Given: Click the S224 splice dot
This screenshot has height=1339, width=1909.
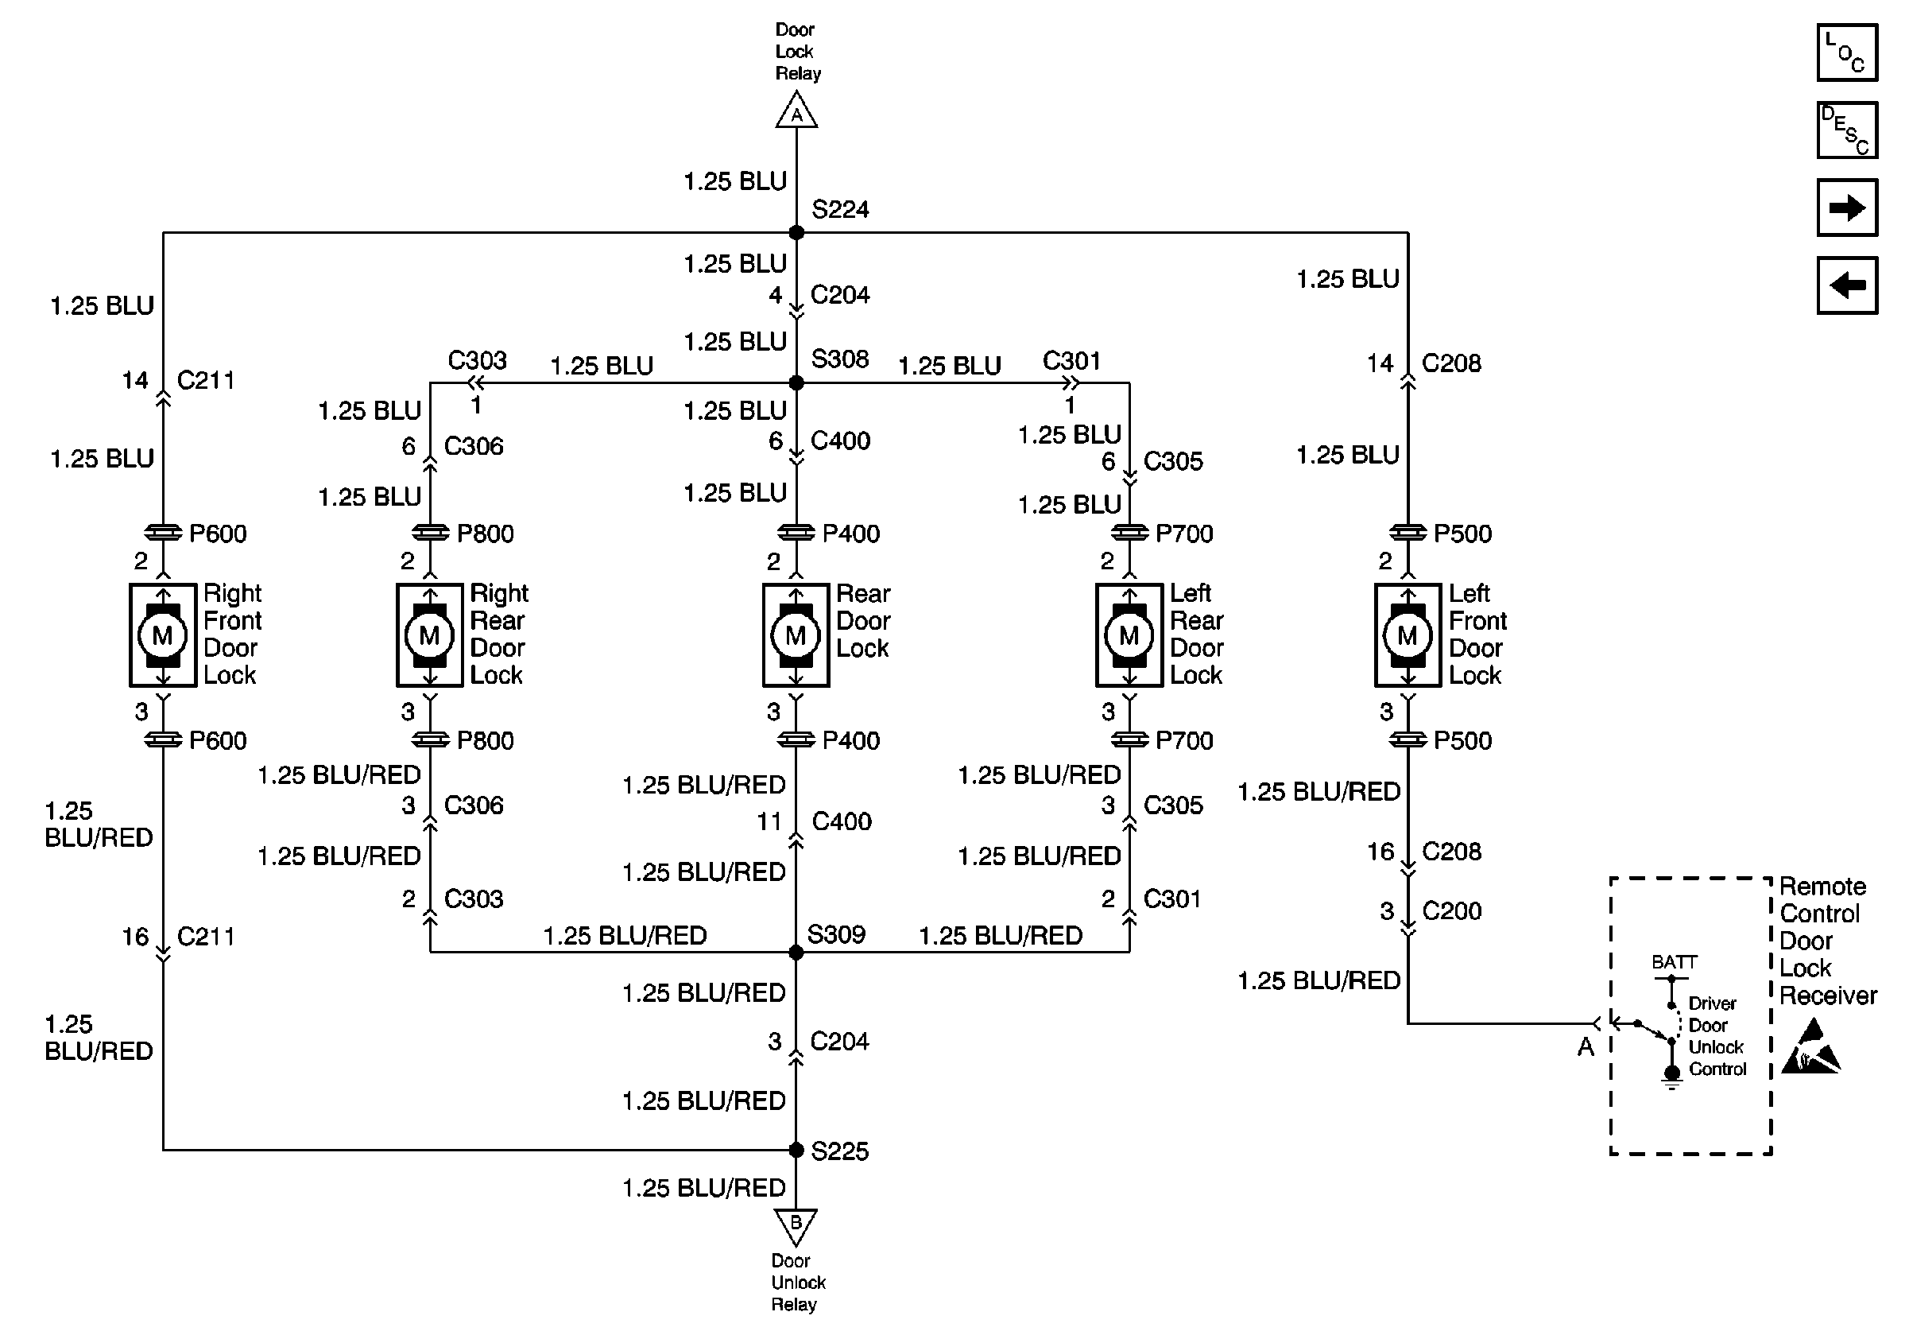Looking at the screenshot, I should [x=796, y=233].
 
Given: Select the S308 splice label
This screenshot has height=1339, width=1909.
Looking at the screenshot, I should [x=840, y=359].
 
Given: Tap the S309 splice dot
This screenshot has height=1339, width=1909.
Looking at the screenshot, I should [x=796, y=953].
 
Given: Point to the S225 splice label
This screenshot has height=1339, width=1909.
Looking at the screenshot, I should [x=840, y=1151].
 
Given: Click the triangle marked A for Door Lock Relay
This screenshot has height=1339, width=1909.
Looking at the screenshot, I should [x=796, y=111].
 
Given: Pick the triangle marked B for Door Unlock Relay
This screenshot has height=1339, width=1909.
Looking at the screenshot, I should [x=796, y=1225].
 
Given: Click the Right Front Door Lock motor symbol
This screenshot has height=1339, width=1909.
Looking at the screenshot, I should [x=163, y=635].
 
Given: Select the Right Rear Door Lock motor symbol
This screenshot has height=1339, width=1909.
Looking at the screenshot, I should [x=429, y=635].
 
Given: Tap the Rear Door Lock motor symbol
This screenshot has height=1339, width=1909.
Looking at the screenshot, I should [x=796, y=635].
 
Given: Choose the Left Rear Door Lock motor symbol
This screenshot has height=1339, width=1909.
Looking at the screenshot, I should [x=1129, y=635].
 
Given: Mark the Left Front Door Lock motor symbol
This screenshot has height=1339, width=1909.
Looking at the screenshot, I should [x=1407, y=635].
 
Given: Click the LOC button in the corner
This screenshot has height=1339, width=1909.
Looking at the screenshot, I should [x=1847, y=53].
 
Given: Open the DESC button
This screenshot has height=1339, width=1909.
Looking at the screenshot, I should [x=1847, y=130].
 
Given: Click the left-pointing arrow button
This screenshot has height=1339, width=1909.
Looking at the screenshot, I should [x=1847, y=285].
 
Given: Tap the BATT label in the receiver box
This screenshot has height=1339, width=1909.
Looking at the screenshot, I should [x=1674, y=962].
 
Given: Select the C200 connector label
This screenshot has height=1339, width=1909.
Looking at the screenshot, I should [x=1452, y=910].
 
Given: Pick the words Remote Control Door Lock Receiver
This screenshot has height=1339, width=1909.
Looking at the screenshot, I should [x=1827, y=941].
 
